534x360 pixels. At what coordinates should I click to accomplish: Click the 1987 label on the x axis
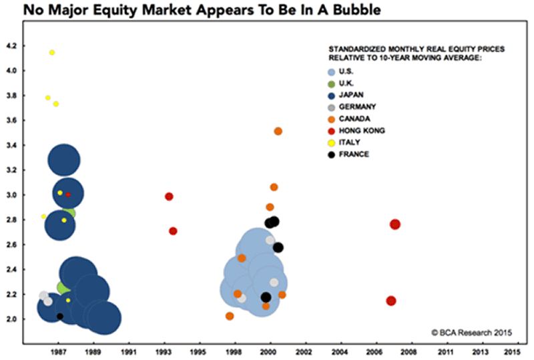59,350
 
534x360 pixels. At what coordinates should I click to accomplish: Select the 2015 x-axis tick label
512,350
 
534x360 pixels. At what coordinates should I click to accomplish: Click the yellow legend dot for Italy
331,143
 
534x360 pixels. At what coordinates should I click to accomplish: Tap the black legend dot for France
331,155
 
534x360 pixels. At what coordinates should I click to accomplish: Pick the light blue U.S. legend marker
332,71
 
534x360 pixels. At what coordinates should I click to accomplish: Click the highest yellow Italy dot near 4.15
52,53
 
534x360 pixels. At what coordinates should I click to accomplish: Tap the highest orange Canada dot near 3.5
278,132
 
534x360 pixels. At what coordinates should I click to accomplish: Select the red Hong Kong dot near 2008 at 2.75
394,224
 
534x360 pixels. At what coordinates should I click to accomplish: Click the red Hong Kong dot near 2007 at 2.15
391,301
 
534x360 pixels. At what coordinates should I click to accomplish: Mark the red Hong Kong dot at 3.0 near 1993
169,196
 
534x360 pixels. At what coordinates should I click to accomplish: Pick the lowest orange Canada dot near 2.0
230,316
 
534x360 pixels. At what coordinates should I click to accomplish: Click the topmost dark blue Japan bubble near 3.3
64,160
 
